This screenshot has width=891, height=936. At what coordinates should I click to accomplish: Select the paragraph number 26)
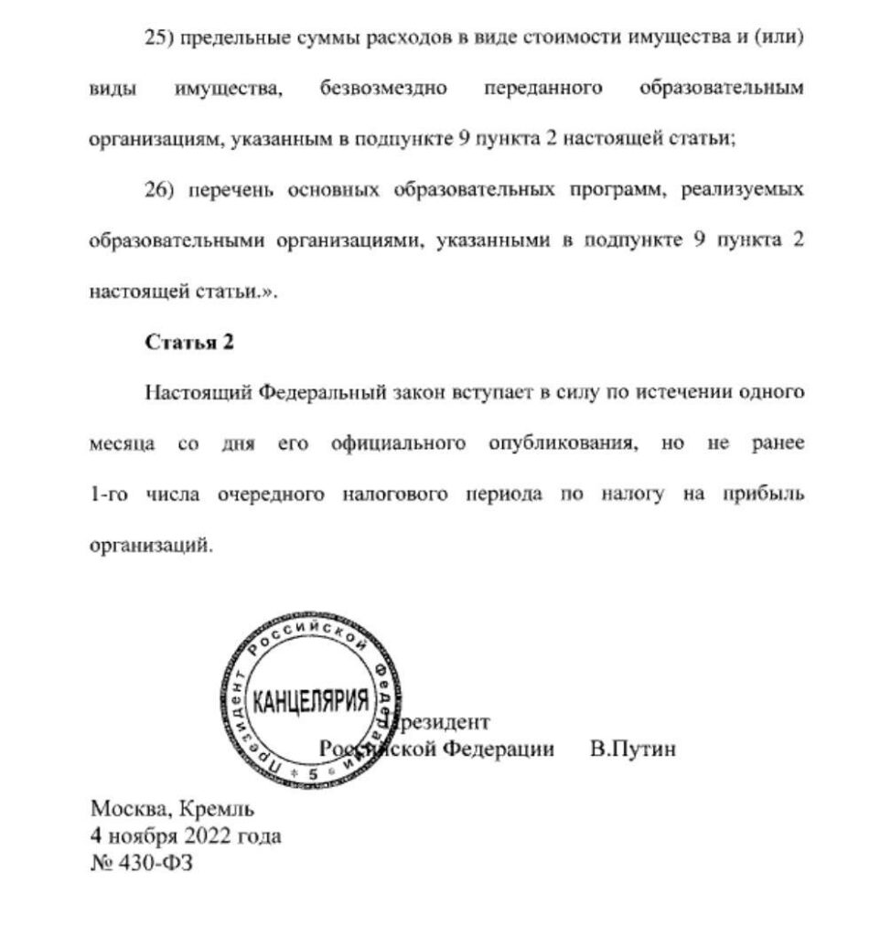(160, 191)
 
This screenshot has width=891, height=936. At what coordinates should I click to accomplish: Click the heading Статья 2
(189, 343)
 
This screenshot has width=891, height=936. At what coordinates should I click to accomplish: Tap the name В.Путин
(634, 750)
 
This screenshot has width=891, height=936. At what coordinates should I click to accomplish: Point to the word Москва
(127, 809)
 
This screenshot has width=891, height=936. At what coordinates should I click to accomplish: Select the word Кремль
(218, 809)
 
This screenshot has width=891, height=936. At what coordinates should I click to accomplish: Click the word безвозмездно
(382, 90)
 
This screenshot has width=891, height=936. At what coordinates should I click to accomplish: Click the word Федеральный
(308, 394)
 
